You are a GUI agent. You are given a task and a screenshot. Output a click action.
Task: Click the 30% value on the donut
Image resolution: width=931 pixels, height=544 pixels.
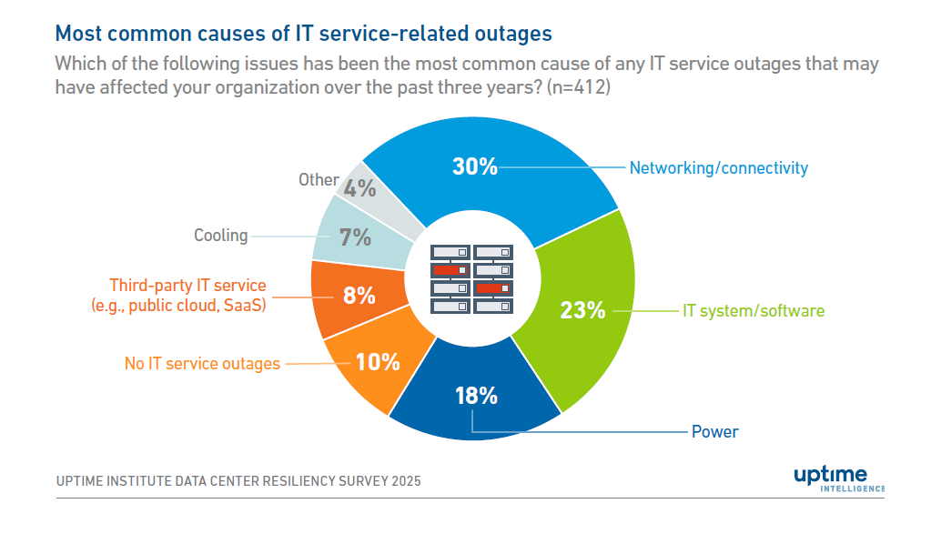475,166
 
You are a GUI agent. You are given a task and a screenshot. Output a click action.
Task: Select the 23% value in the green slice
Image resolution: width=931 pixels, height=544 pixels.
582,310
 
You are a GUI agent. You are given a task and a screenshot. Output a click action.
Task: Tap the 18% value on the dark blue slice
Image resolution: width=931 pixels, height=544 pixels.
475,396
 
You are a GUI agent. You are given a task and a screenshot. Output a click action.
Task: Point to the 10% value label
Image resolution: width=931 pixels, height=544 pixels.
378,362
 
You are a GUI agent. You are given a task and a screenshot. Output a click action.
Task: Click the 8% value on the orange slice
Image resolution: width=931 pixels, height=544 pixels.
359,296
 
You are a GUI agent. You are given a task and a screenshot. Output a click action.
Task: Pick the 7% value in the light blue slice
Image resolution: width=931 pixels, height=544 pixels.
355,237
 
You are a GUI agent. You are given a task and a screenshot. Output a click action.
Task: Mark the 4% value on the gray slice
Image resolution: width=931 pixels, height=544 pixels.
360,188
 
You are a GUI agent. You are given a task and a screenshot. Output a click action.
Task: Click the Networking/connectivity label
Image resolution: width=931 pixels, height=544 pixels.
718,167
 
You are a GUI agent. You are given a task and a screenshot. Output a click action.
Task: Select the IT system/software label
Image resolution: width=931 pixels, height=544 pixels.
754,311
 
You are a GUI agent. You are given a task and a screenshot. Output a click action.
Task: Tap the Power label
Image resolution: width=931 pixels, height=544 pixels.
714,431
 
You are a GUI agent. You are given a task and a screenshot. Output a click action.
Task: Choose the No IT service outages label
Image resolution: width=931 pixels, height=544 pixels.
202,364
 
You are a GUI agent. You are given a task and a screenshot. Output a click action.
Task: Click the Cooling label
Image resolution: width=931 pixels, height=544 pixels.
220,236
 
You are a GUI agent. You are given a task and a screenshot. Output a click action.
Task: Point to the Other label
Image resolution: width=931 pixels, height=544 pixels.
319,179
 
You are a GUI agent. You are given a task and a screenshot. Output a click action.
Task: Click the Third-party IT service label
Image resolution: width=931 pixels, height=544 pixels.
187,286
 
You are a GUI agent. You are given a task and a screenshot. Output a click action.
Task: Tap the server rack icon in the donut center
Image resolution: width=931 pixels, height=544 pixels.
471,279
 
